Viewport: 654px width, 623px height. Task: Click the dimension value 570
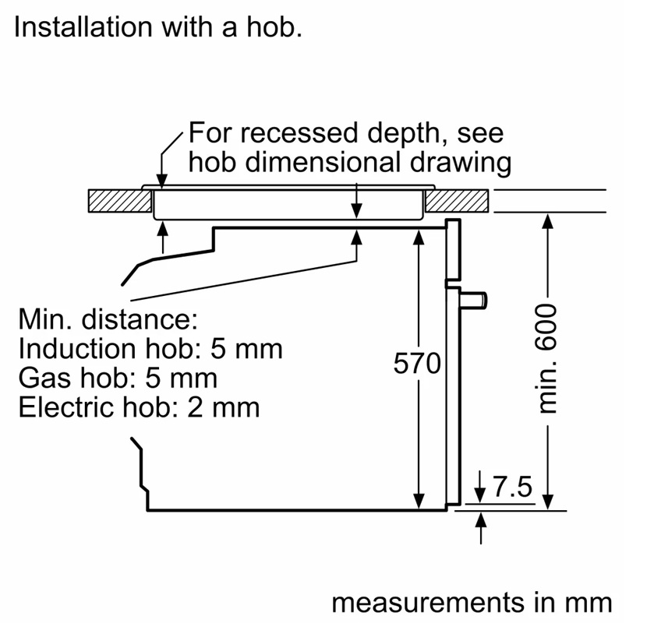[417, 364]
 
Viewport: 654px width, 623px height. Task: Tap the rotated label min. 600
[548, 357]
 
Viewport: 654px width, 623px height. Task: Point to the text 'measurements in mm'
[472, 603]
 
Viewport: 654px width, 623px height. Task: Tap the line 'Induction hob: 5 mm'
[150, 348]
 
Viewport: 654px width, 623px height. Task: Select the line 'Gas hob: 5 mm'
[118, 378]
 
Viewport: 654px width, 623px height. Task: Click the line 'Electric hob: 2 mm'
[139, 407]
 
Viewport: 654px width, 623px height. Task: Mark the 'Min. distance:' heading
[108, 319]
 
